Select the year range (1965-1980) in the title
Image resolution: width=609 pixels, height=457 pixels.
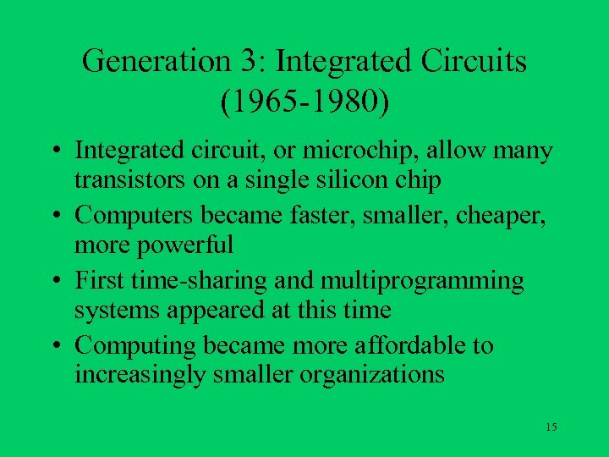[305, 102]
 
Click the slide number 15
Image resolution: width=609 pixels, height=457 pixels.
[551, 427]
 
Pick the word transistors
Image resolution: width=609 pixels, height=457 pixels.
[124, 180]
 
